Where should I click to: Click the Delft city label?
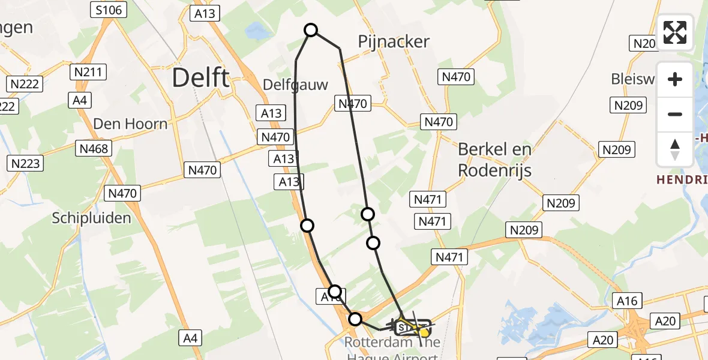point(200,78)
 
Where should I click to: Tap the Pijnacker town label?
point(394,41)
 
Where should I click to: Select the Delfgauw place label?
point(296,85)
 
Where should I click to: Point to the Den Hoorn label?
point(130,124)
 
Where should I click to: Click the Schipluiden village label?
point(91,218)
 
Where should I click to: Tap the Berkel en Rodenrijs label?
point(495,160)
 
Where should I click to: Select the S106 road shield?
point(109,10)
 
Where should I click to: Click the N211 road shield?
point(88,73)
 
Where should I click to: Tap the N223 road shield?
point(25,163)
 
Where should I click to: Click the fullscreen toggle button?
point(675,32)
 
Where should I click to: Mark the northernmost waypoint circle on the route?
point(311,30)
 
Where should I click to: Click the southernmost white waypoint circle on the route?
point(356,319)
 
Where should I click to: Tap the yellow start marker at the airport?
point(424,331)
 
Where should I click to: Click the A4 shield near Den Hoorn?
point(80,100)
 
